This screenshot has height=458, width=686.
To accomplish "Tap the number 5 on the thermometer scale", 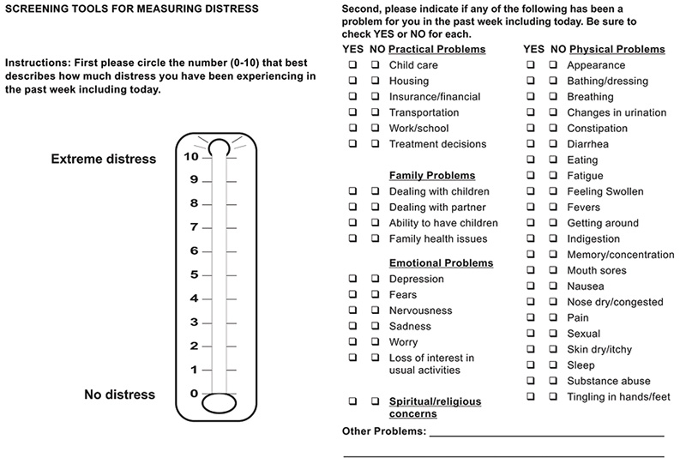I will [195, 275].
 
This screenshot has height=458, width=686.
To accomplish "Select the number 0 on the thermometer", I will [195, 394].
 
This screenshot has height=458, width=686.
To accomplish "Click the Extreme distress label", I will [104, 159].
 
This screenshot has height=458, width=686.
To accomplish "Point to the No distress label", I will [120, 395].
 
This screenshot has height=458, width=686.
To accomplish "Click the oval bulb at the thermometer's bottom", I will [219, 403].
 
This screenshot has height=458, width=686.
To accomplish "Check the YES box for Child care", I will [353, 65].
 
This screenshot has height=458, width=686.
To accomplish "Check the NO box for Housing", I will [376, 81].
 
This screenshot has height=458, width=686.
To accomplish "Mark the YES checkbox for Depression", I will [353, 279].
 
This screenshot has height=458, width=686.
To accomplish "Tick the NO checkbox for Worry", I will [376, 342].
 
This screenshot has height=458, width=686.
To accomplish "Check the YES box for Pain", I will [532, 317].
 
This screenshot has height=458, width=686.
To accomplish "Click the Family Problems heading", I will [432, 176].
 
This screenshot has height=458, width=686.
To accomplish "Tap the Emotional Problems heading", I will [441, 262].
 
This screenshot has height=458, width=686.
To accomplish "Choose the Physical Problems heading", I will [617, 50].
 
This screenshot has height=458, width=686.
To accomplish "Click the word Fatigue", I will [585, 176].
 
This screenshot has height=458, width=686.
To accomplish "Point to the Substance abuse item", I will [609, 381].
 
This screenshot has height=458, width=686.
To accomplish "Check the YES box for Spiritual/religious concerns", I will [353, 401].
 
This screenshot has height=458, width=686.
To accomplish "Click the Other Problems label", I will [384, 431].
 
